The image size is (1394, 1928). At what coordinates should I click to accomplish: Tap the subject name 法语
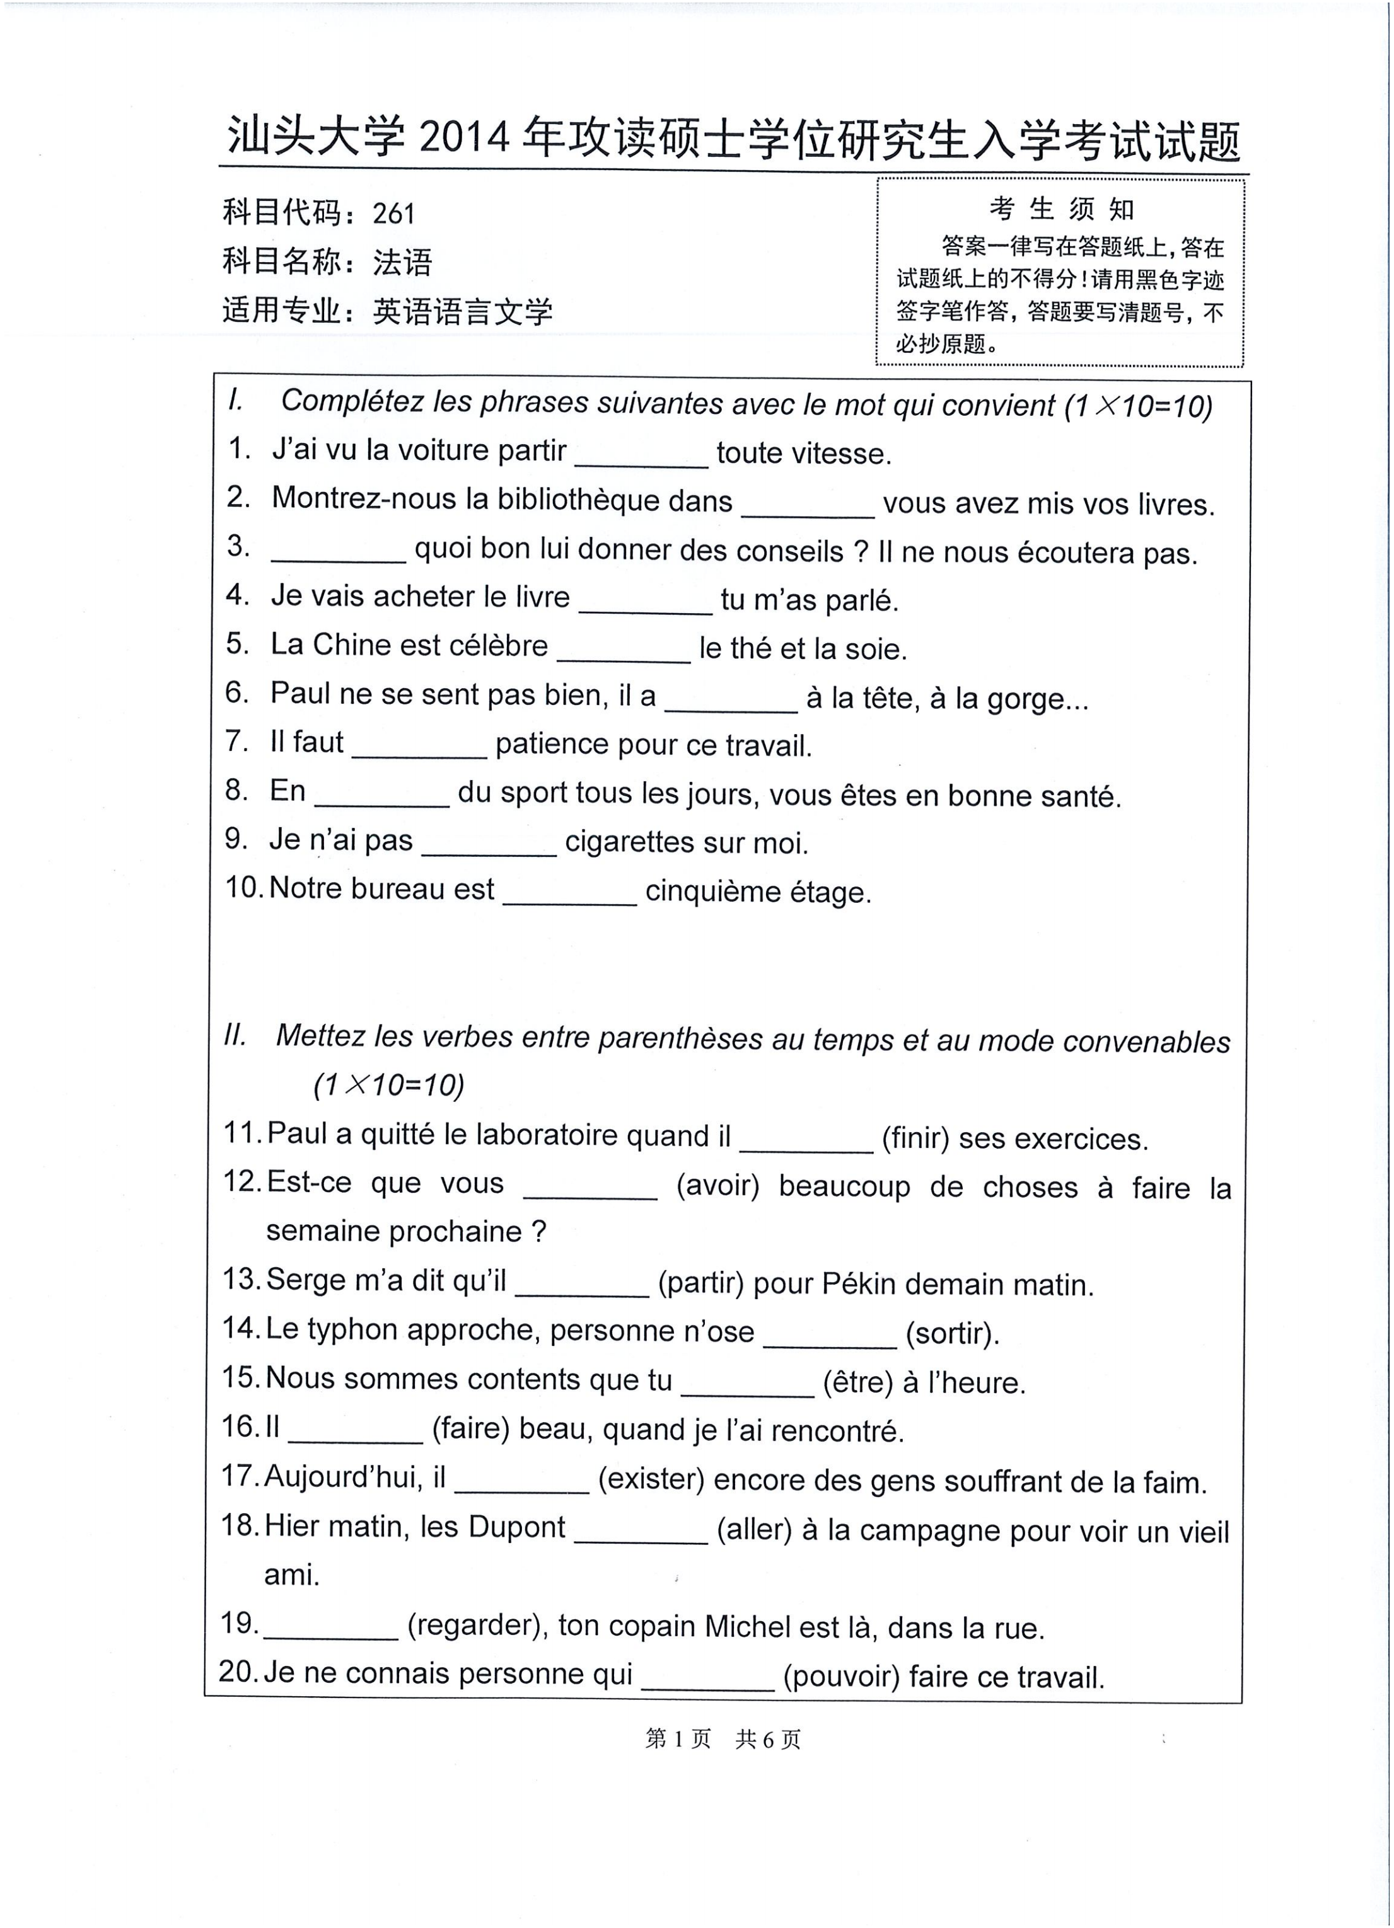[x=402, y=262]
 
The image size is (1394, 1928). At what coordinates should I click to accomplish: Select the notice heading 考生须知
[x=1060, y=209]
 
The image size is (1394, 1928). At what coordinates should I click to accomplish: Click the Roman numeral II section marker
[x=234, y=1035]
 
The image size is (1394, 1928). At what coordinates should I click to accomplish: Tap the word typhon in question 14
[x=356, y=1331]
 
